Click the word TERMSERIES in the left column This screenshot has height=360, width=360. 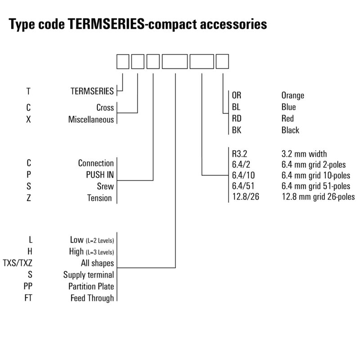[92, 91]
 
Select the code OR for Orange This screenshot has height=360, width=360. [237, 95]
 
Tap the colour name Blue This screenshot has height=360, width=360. [288, 107]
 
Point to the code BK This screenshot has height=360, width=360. [237, 130]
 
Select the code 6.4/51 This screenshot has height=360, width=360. [243, 186]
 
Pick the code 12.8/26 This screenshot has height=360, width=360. [246, 197]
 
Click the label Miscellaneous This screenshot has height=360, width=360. [91, 120]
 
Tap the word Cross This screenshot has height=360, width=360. [105, 108]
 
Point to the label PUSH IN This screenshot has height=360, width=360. [99, 175]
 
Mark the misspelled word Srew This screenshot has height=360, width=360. [105, 186]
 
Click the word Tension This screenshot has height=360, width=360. [99, 198]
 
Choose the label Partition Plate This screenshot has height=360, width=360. [91, 287]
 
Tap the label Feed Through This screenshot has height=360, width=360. [92, 298]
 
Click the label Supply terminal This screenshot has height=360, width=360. [89, 275]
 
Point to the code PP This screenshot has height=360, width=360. [28, 287]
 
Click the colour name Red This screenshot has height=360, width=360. [287, 119]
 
